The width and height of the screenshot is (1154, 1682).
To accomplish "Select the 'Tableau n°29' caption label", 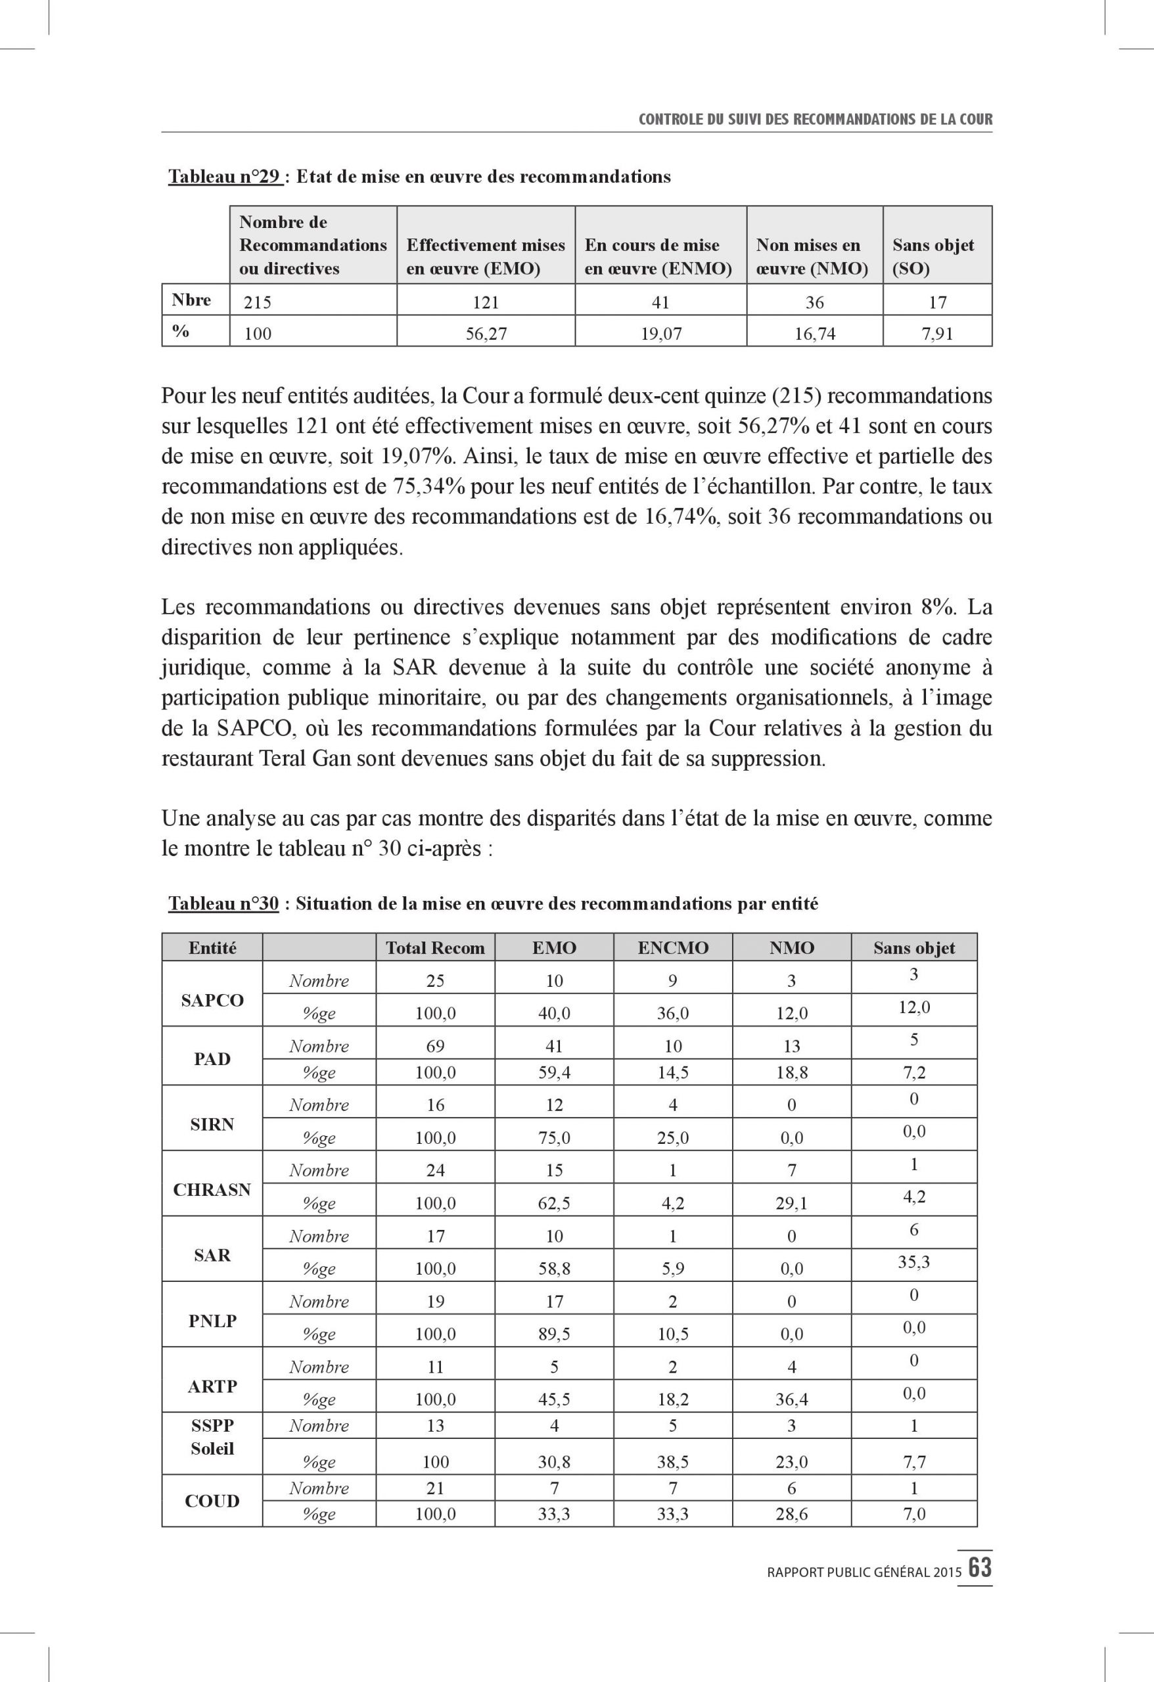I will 225,177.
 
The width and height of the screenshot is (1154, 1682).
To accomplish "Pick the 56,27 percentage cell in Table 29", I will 486,334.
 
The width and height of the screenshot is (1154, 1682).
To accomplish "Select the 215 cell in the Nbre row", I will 258,302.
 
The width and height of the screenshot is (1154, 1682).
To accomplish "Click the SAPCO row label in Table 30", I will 212,1000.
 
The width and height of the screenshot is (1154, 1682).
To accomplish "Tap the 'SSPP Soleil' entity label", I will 212,1437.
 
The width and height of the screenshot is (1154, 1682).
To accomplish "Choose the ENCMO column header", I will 672,948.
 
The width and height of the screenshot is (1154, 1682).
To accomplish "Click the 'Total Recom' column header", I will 435,948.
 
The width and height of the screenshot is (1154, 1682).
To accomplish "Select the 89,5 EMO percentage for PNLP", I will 554,1333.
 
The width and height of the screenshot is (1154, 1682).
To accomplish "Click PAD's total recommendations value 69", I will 435,1046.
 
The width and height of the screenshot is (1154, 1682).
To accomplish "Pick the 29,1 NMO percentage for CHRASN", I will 791,1203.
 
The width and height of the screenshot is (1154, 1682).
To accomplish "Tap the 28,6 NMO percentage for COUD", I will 791,1513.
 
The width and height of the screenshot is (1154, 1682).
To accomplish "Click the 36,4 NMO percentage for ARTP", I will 791,1399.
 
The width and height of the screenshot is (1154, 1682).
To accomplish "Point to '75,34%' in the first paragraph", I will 428,486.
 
